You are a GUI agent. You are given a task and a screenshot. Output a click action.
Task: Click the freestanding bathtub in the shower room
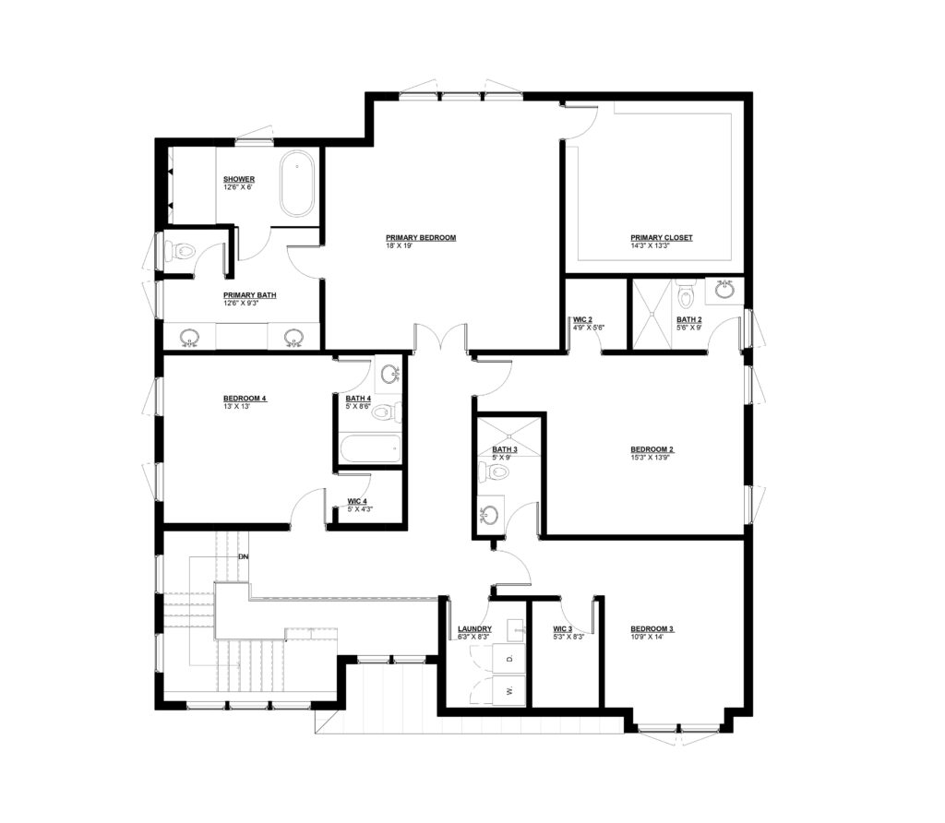coord(296,184)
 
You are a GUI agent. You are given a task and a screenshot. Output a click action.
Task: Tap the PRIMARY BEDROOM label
coord(421,237)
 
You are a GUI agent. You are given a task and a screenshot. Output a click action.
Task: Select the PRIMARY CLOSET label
coord(661,237)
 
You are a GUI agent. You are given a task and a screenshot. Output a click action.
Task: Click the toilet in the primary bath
coord(180,251)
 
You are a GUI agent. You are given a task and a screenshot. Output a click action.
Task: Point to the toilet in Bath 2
coord(686,293)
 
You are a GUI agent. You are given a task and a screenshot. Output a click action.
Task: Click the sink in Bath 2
coord(724,289)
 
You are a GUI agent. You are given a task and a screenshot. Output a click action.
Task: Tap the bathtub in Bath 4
coord(369,448)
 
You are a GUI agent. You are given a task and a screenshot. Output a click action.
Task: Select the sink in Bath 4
coord(389,375)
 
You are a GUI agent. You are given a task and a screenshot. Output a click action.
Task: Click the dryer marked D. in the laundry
coord(508,658)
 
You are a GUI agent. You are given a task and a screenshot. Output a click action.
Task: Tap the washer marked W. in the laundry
coord(508,690)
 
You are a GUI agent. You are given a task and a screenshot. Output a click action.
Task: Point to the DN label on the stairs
coord(244,556)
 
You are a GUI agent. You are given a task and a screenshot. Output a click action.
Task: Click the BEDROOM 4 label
coord(245,399)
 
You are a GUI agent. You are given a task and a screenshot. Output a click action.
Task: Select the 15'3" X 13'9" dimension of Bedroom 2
coord(651,458)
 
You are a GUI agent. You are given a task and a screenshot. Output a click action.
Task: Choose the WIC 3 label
coord(563,629)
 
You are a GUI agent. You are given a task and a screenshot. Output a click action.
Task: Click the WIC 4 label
coord(357,501)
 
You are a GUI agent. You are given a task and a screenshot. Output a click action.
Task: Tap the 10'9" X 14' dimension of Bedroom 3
coord(647,637)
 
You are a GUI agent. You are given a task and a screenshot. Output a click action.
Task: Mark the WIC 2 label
coord(583,319)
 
